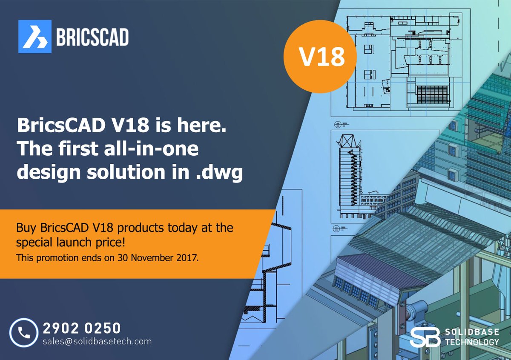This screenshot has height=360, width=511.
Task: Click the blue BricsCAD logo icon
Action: (35, 37)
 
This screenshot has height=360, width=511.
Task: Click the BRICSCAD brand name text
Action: (92, 37)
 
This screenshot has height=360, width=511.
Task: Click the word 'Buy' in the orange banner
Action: (26, 228)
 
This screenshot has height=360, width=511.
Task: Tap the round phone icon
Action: (24, 333)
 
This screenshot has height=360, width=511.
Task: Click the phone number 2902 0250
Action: (82, 328)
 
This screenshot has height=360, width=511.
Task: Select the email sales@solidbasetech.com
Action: (97, 341)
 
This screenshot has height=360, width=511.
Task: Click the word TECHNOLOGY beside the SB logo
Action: (471, 342)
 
